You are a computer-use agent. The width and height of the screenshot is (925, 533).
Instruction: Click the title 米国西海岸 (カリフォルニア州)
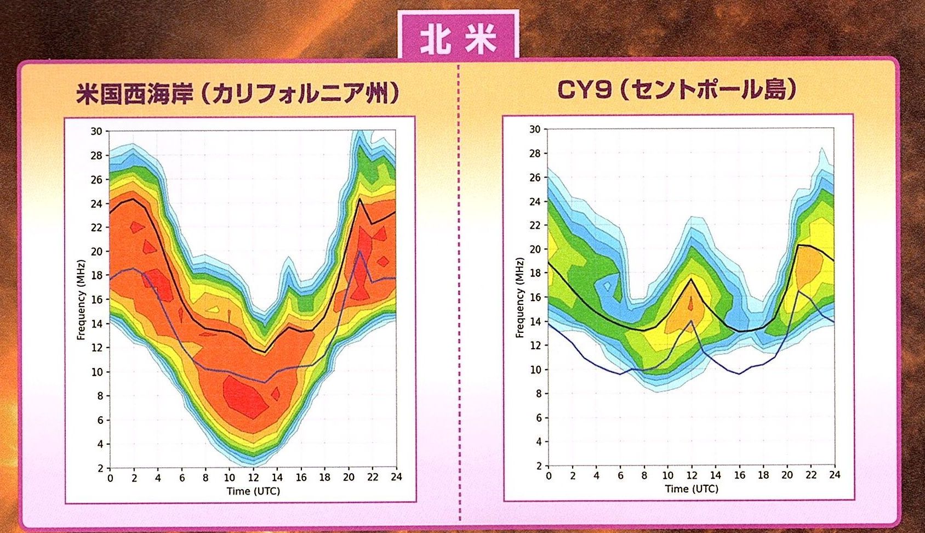(237, 94)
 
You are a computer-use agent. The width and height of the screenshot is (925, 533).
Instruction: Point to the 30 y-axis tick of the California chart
(96, 131)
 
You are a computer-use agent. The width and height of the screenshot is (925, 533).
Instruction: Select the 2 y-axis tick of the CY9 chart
(538, 466)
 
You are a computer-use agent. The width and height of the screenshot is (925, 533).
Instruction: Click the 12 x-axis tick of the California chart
(253, 478)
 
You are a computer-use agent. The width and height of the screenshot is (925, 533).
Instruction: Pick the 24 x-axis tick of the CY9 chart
(835, 475)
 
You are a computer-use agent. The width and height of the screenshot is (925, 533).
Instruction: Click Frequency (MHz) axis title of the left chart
(81, 299)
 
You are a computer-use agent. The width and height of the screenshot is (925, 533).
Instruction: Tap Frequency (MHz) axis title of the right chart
(519, 297)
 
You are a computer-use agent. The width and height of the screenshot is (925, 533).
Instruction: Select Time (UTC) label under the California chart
(253, 491)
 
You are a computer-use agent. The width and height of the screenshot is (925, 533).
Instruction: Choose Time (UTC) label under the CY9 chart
(692, 489)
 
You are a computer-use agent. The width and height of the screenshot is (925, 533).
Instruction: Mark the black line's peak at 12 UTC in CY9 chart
(692, 279)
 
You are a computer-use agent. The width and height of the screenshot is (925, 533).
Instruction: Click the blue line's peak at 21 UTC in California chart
(360, 251)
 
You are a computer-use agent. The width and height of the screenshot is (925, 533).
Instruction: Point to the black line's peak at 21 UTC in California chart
(360, 199)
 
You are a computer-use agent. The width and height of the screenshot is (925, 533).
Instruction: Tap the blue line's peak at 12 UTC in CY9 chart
(692, 321)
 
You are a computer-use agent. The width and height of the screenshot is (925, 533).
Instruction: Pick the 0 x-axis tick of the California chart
(110, 478)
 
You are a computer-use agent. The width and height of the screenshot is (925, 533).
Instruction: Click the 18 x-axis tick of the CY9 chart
(763, 475)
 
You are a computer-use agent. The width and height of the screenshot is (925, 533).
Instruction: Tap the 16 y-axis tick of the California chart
(96, 299)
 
